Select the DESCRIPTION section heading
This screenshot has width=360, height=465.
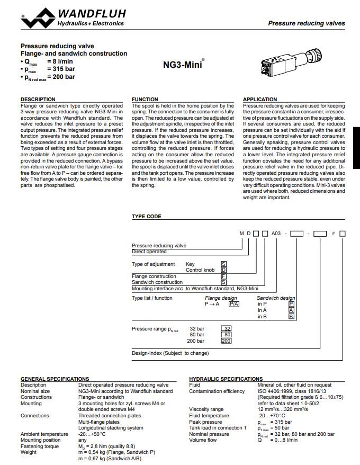tap(38, 100)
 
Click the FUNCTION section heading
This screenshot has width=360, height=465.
tap(145, 100)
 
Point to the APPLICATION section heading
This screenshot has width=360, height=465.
tap(259, 100)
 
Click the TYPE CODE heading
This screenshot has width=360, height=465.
tap(147, 217)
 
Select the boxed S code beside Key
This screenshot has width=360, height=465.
tap(223, 264)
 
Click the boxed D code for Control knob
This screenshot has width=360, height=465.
tap(223, 270)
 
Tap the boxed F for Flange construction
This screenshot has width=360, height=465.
tap(223, 276)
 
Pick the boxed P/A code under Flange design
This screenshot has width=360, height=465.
tap(233, 304)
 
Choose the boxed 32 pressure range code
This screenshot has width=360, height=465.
tap(227, 328)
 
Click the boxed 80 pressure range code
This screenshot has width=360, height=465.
tap(227, 335)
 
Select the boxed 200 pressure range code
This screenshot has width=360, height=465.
tap(227, 341)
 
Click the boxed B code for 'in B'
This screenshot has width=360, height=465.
tap(291, 317)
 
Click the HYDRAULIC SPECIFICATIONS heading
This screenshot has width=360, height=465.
tap(226, 379)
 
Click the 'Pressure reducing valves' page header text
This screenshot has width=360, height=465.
tap(306, 23)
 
